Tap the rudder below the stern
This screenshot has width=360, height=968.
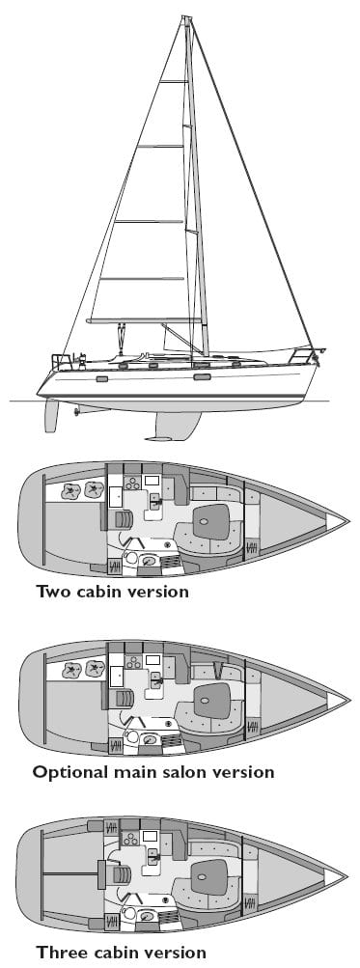(51, 415)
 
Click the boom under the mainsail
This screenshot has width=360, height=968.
(143, 320)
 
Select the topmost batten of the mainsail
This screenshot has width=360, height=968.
(174, 81)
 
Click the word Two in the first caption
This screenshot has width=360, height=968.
(54, 592)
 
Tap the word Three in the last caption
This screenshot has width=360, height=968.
(59, 952)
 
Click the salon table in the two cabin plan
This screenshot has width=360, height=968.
(211, 522)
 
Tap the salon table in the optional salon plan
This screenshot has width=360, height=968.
(212, 702)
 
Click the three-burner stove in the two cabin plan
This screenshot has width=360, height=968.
(131, 484)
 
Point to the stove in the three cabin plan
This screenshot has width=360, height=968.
(130, 839)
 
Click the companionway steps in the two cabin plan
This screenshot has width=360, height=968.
(124, 520)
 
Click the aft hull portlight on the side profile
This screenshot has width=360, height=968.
(102, 378)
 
